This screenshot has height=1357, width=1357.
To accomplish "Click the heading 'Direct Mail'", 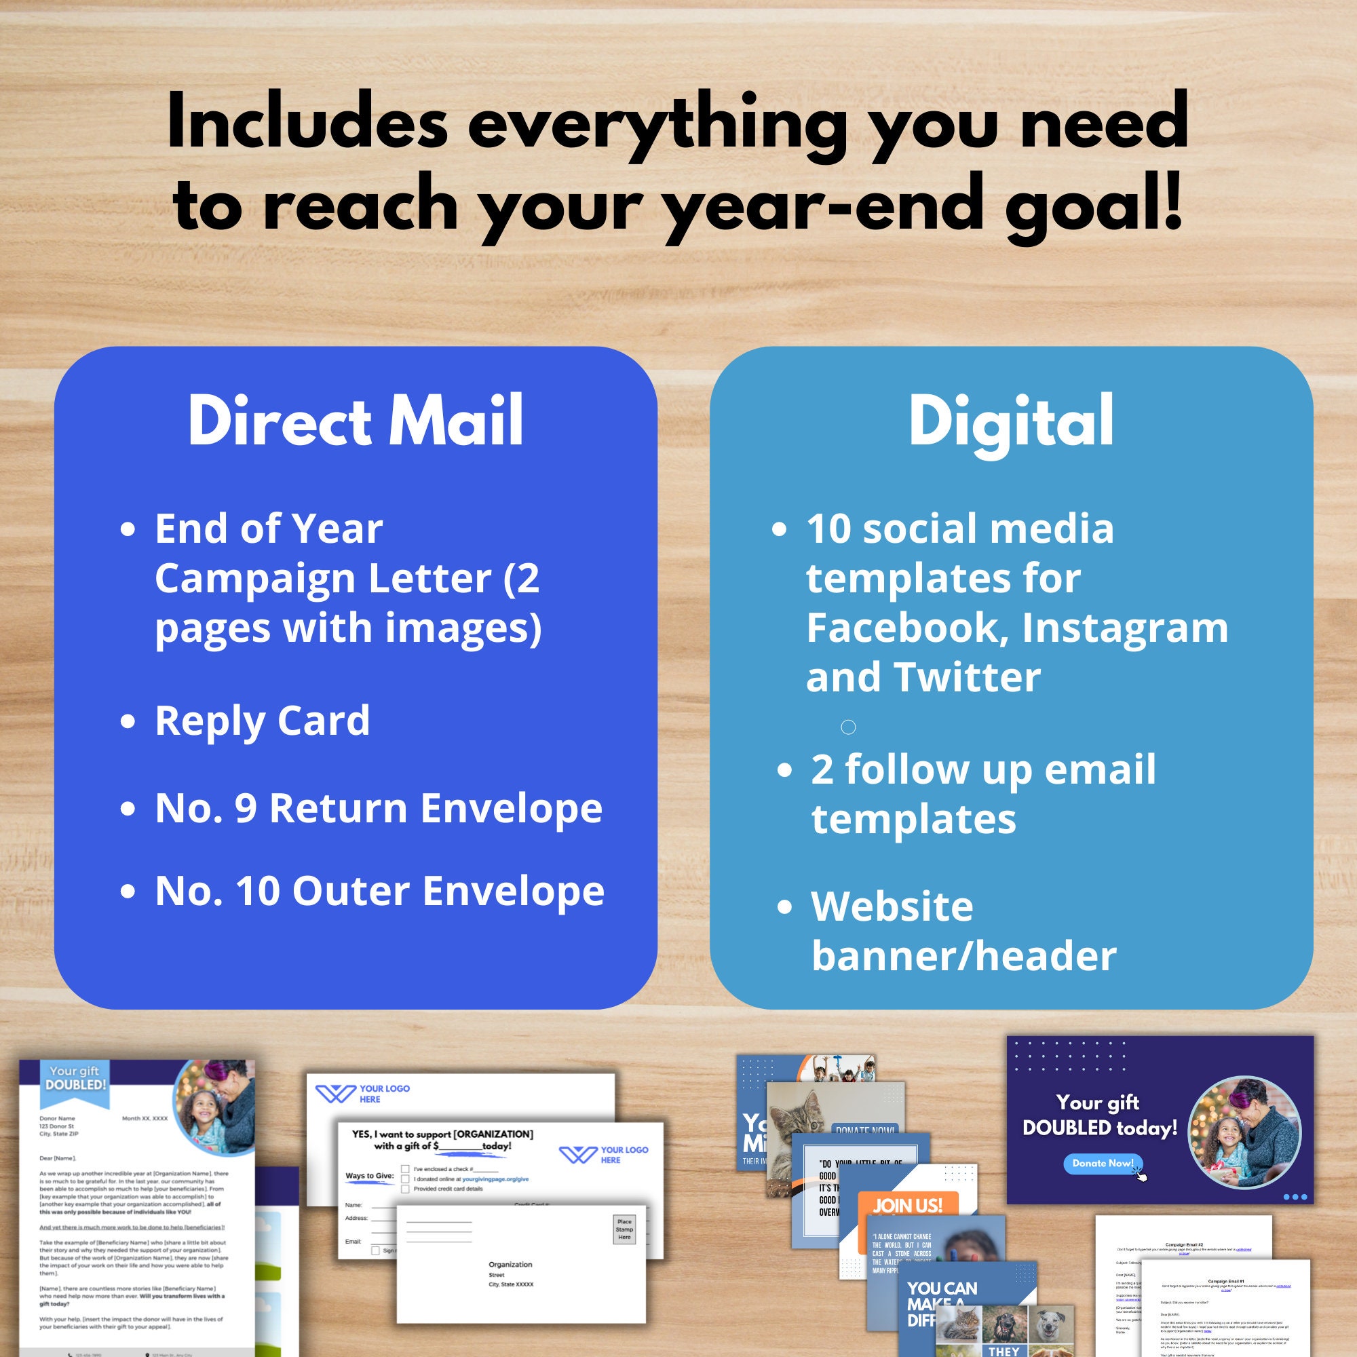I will click(x=356, y=421).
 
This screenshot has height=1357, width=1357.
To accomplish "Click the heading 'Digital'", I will click(x=1011, y=421).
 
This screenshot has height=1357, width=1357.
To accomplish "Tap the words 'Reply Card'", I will click(x=262, y=721).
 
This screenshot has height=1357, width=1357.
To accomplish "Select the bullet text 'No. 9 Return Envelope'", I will click(x=379, y=807).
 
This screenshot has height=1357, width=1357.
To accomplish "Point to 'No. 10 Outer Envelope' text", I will click(x=379, y=891).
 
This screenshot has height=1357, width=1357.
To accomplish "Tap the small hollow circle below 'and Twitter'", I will click(x=847, y=727).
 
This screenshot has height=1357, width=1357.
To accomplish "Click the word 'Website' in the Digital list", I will click(x=892, y=906).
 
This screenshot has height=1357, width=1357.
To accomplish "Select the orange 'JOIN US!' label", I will click(x=907, y=1206).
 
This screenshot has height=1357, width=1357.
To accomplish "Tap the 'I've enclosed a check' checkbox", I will click(x=405, y=1170).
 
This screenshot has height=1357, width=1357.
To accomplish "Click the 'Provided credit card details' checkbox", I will click(x=405, y=1189).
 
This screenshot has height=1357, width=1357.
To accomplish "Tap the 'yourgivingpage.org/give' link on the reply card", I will click(x=495, y=1179).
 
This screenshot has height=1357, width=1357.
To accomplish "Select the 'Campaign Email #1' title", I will click(x=1224, y=1281).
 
